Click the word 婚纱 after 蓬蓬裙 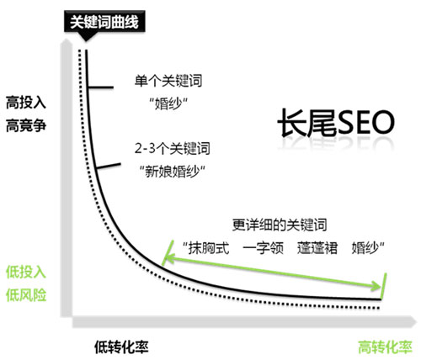(364, 248)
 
